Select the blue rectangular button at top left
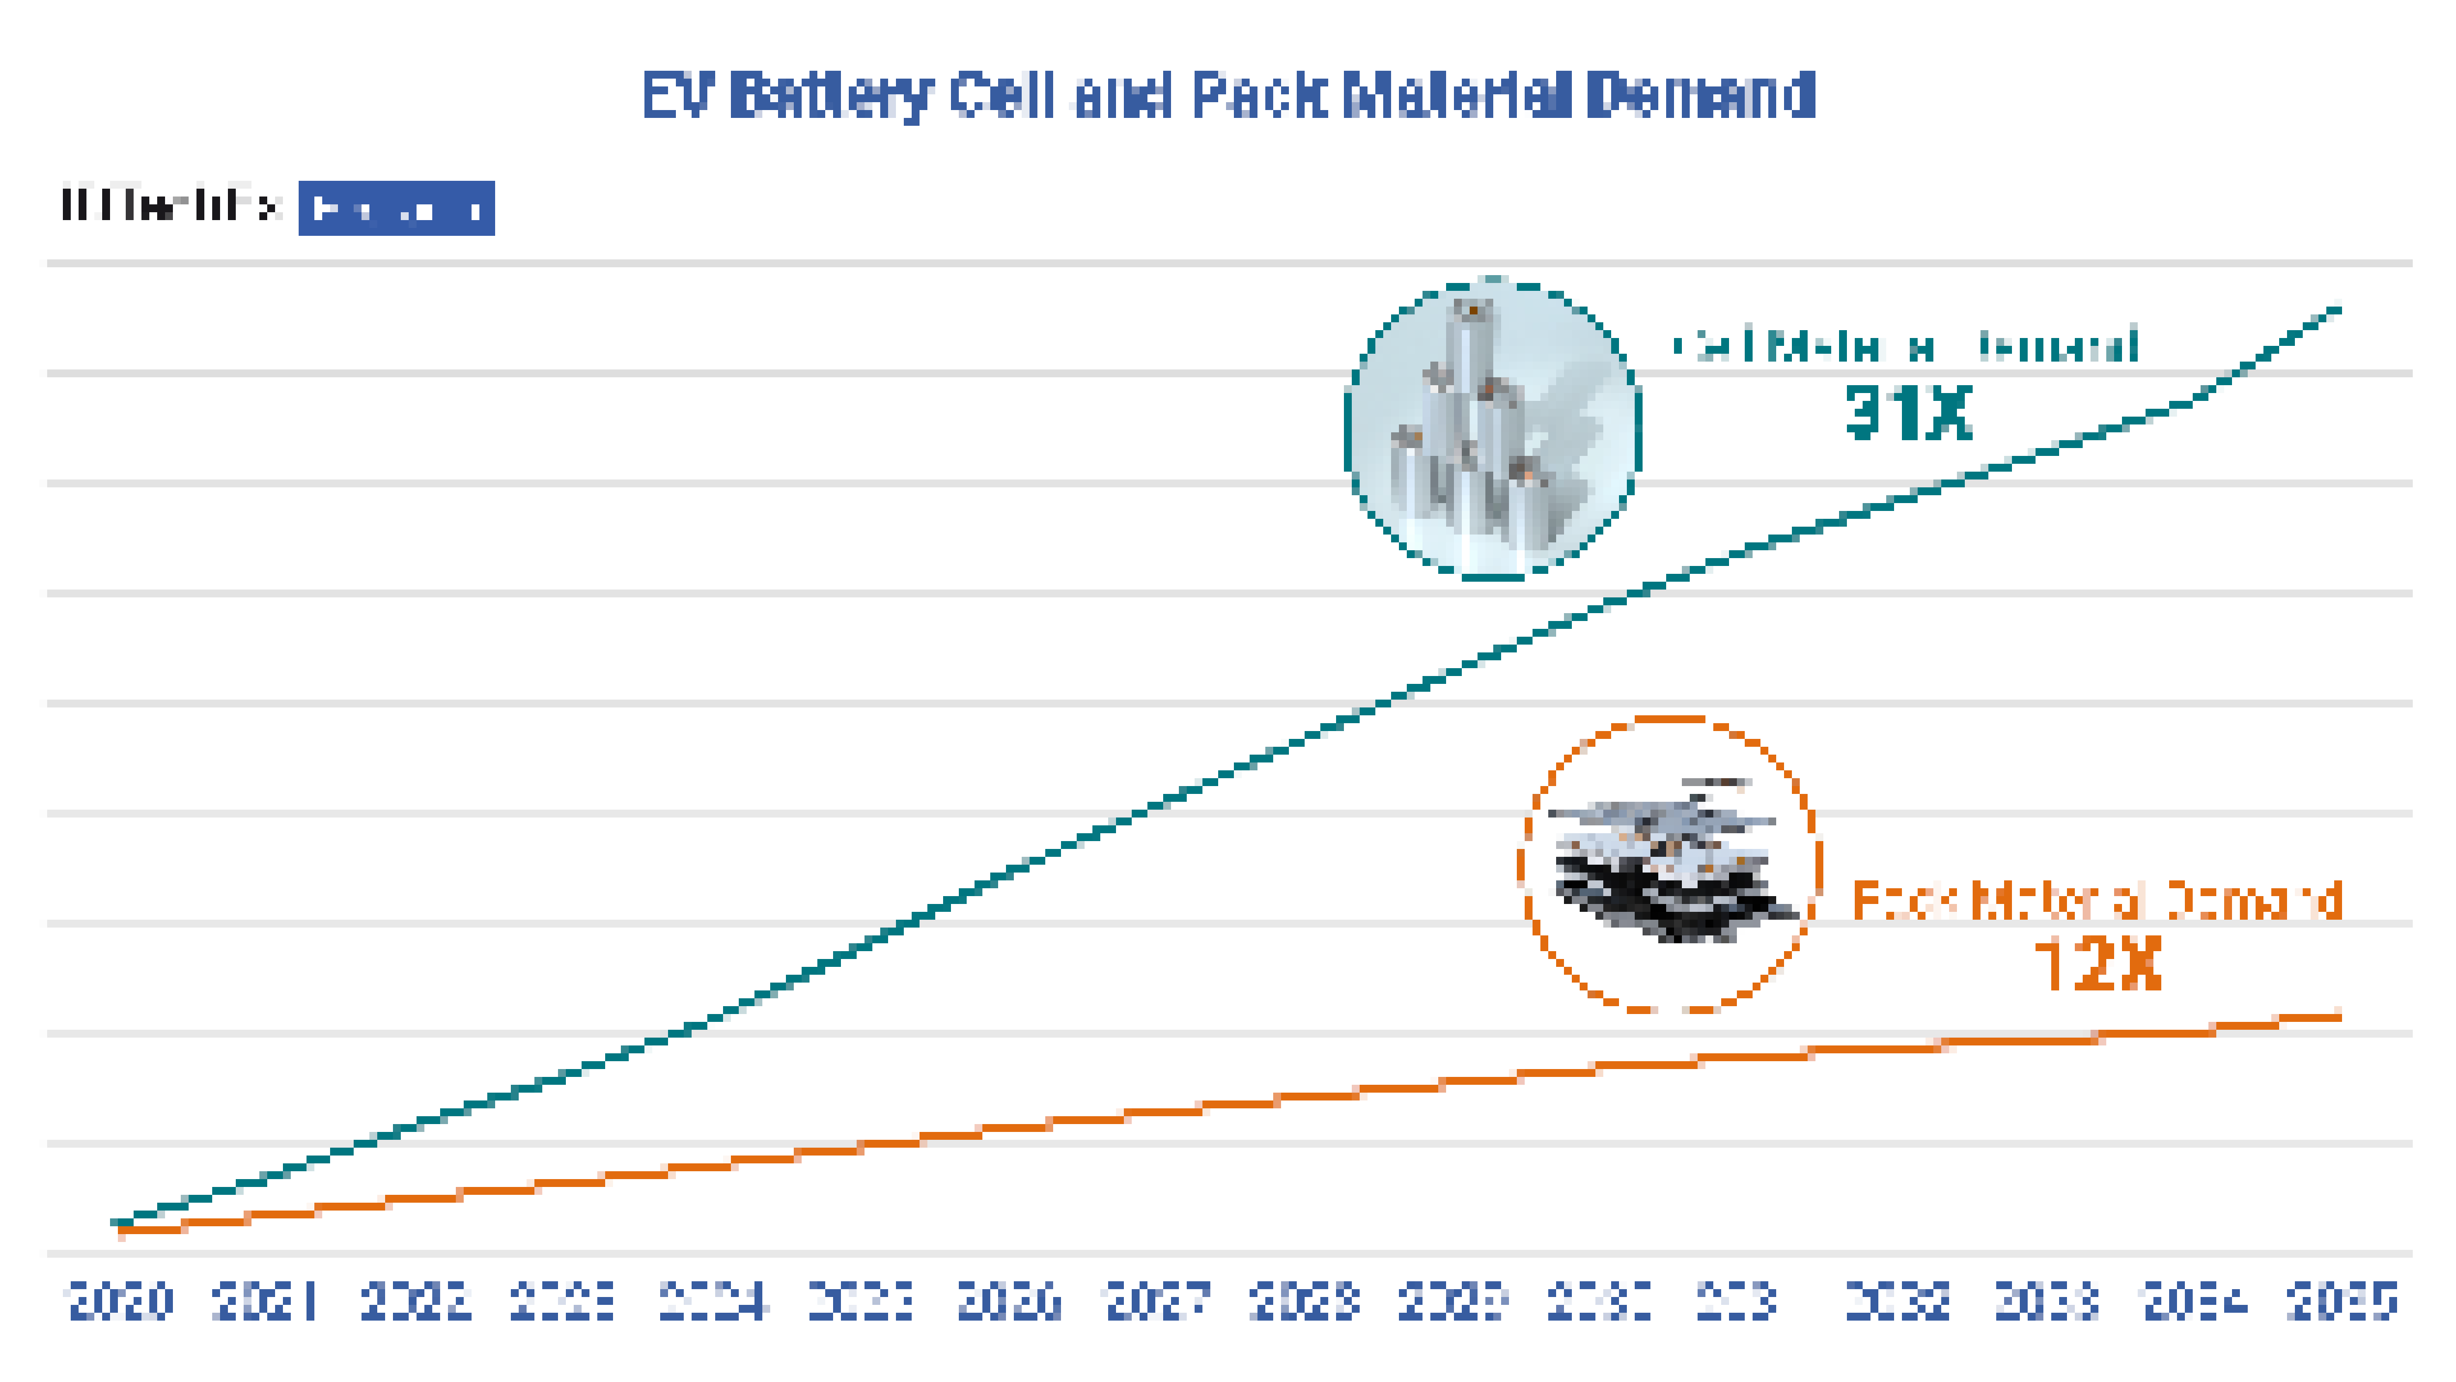point(396,208)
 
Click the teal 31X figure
point(1908,413)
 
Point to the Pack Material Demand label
point(2096,901)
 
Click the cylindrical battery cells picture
point(1492,429)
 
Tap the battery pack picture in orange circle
point(1669,863)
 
